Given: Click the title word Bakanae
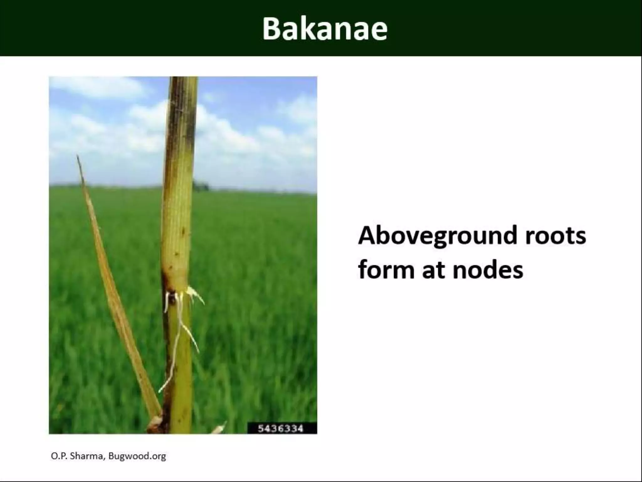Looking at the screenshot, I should click(325, 29).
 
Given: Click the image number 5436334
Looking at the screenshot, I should click(281, 429).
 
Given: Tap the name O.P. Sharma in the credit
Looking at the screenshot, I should click(77, 456).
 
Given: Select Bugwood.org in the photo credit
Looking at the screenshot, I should click(137, 456).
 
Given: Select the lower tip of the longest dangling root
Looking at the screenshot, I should click(160, 391).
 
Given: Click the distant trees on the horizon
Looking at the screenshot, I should click(201, 186).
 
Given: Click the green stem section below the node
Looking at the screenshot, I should click(182, 361).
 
